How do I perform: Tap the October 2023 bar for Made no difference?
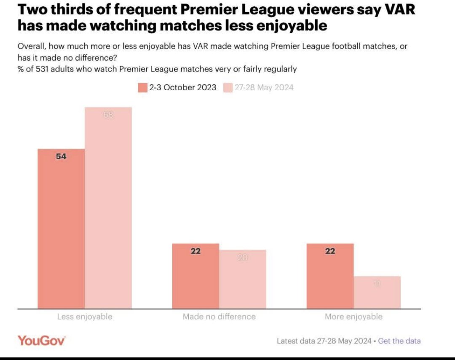(x=195, y=276)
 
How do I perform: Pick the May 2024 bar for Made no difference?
(x=243, y=279)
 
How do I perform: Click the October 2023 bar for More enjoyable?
(x=330, y=276)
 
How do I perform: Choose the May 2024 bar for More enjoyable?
(x=377, y=292)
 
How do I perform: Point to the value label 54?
(x=61, y=156)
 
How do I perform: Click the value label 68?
(x=108, y=114)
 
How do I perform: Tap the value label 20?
(x=243, y=257)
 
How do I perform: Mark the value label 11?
(x=377, y=284)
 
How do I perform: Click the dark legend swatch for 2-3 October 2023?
(x=142, y=88)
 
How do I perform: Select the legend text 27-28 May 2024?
(x=263, y=88)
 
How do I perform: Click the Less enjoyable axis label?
(x=85, y=316)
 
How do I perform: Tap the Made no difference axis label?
(x=219, y=316)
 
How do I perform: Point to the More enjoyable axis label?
(x=353, y=316)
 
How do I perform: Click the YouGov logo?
(x=41, y=341)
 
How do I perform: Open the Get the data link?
(x=399, y=341)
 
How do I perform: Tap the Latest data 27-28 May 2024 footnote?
(x=324, y=341)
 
